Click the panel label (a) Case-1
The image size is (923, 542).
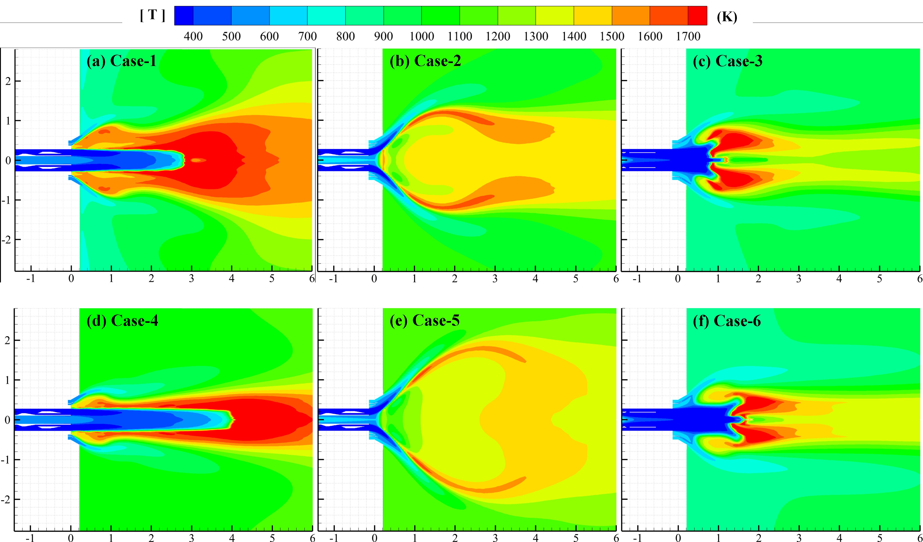click(121, 61)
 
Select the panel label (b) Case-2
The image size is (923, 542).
click(425, 61)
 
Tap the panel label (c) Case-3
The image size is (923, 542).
click(727, 61)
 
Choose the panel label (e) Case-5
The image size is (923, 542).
click(425, 321)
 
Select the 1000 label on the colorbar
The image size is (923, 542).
click(422, 36)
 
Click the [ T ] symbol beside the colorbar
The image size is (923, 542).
click(152, 15)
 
